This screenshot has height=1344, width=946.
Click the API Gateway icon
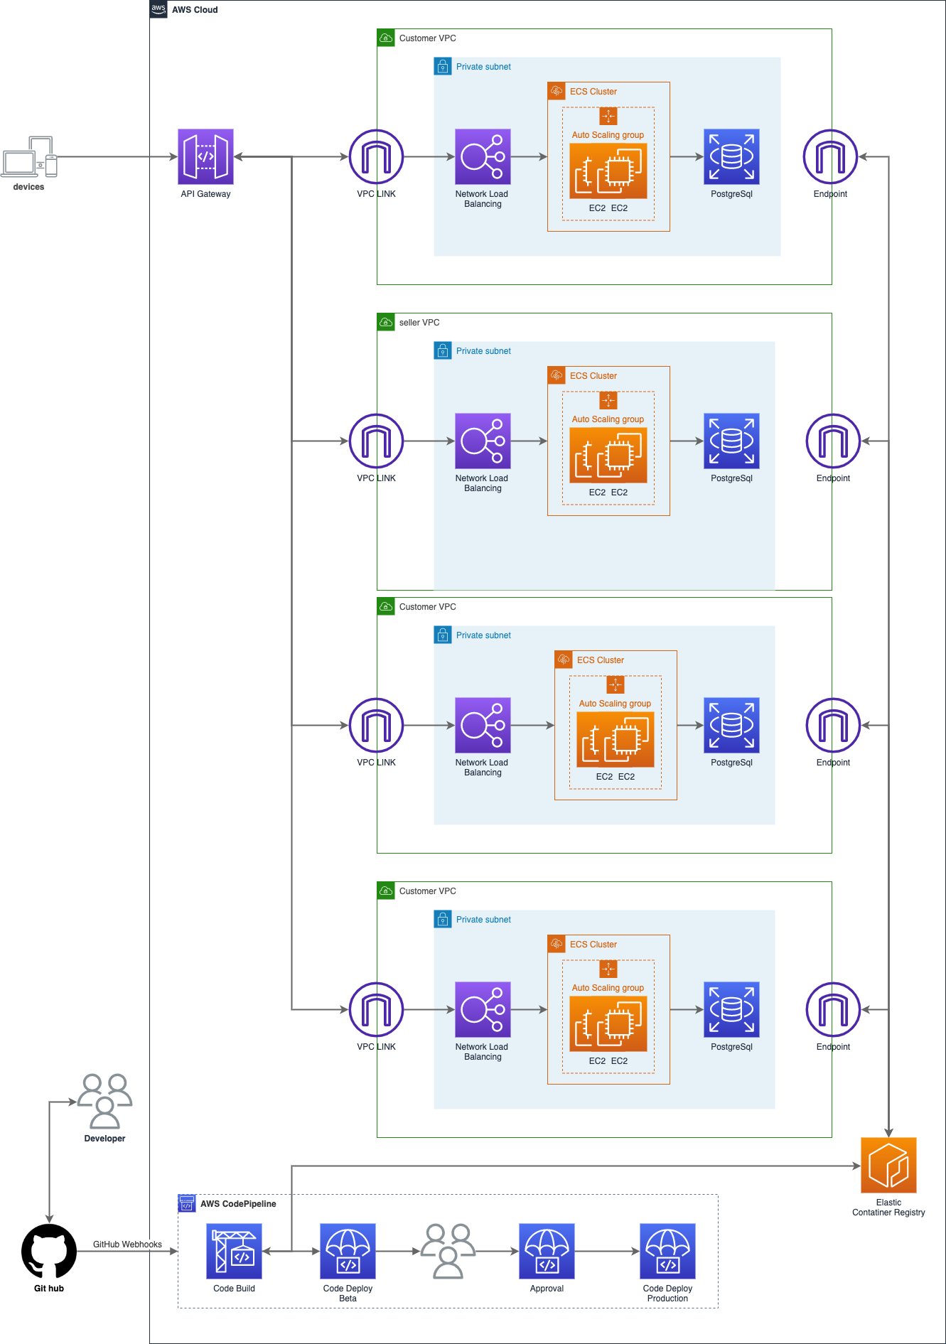pos(205,156)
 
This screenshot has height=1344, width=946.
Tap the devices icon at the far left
pos(29,157)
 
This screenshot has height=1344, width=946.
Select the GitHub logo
pos(49,1251)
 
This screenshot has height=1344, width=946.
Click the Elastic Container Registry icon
pos(888,1165)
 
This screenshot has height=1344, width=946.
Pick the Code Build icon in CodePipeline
pos(234,1251)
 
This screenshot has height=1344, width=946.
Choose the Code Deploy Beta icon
pos(348,1251)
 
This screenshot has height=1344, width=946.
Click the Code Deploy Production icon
pos(667,1251)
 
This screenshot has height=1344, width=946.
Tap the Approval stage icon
pos(547,1251)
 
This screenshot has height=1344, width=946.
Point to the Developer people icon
pos(104,1101)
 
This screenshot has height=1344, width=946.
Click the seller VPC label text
pos(419,323)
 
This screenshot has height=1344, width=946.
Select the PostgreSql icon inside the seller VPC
pos(731,441)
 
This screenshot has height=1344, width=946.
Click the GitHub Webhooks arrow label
pos(127,1244)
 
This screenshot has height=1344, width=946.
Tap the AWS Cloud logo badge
pos(158,9)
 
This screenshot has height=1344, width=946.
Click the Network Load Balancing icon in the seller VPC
pos(483,441)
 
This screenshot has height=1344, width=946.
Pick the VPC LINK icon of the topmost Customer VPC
pos(376,156)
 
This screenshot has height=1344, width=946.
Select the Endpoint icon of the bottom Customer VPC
pos(833,1009)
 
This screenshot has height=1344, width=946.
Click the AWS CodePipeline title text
pos(238,1204)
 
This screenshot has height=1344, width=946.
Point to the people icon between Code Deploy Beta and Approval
pos(448,1251)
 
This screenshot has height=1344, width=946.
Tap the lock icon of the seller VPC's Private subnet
pos(443,351)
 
